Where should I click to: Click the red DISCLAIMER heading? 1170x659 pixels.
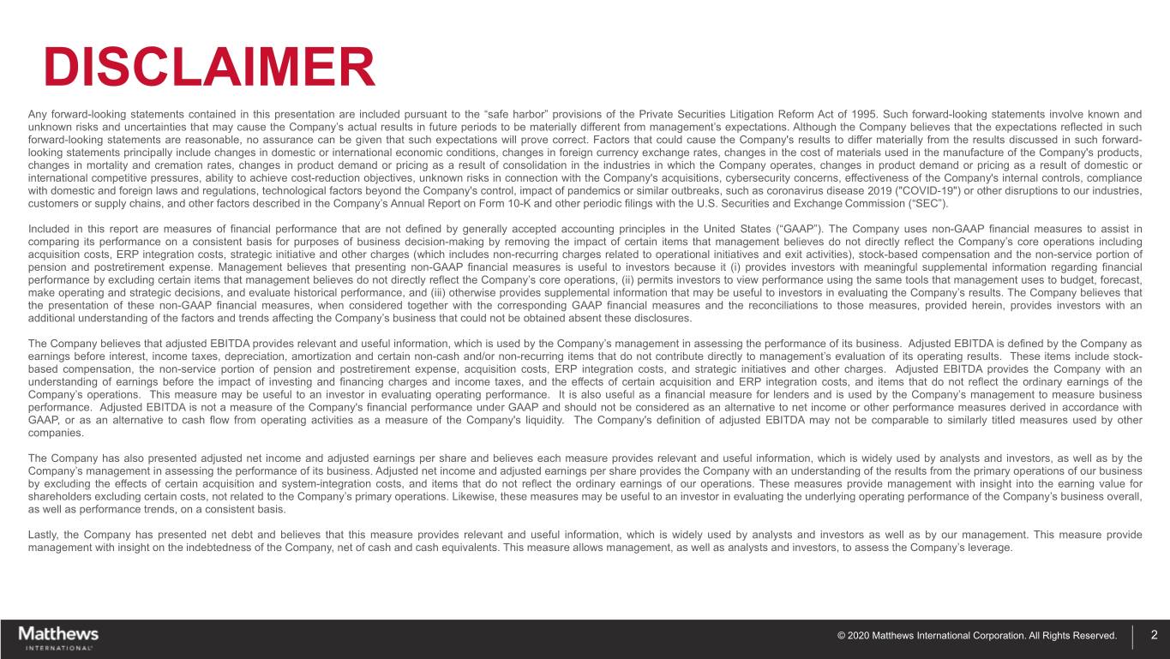[210, 66]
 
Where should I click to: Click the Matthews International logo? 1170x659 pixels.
[58, 638]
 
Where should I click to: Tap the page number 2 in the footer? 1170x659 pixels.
[1155, 635]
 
